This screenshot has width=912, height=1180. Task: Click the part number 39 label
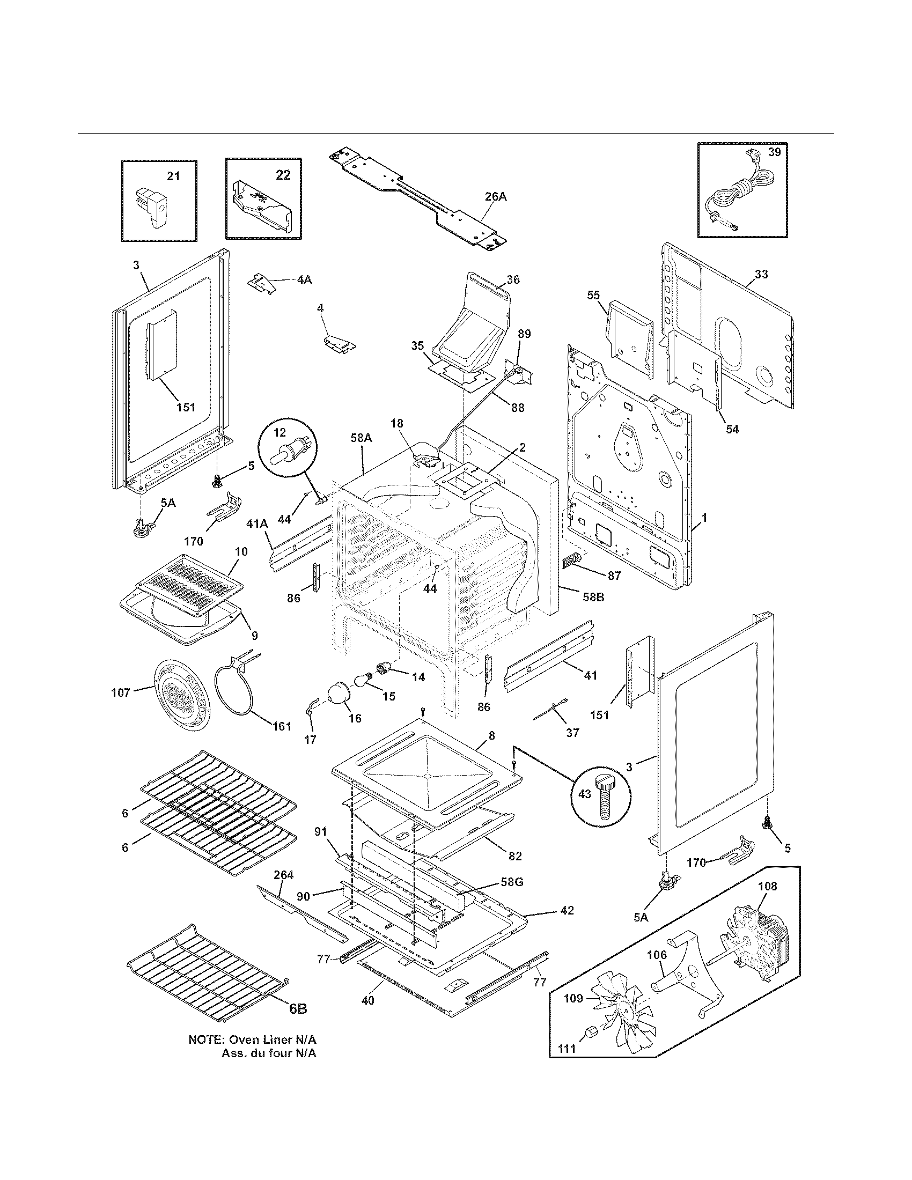pyautogui.click(x=774, y=152)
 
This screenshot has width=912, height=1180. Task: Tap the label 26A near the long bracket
pyautogui.click(x=495, y=197)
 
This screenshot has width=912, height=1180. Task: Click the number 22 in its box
pyautogui.click(x=283, y=175)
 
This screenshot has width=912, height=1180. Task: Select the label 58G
pyautogui.click(x=511, y=882)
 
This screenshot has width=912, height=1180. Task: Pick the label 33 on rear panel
pyautogui.click(x=761, y=275)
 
